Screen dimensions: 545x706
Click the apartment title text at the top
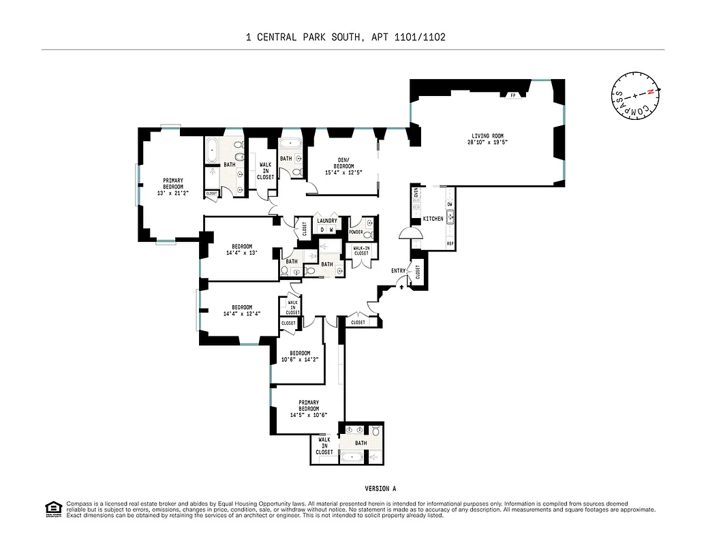(346, 37)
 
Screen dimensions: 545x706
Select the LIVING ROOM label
(487, 135)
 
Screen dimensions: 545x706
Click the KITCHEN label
(433, 219)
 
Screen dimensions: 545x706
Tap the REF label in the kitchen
(450, 243)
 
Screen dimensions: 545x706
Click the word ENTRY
(398, 270)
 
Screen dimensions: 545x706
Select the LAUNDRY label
(326, 221)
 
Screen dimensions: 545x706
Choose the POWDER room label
(356, 232)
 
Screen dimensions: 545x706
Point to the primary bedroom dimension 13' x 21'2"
(173, 193)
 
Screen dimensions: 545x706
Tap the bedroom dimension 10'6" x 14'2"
(300, 360)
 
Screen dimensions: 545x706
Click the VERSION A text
(380, 488)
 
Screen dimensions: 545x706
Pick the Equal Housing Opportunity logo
(52, 508)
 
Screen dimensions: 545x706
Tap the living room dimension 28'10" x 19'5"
(487, 142)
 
